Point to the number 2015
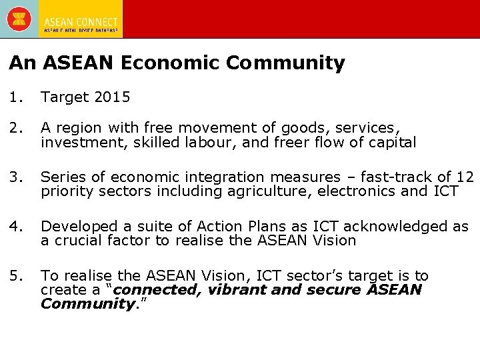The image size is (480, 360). (x=113, y=97)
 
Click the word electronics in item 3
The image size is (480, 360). (x=351, y=191)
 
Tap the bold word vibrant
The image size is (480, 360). (x=238, y=290)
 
